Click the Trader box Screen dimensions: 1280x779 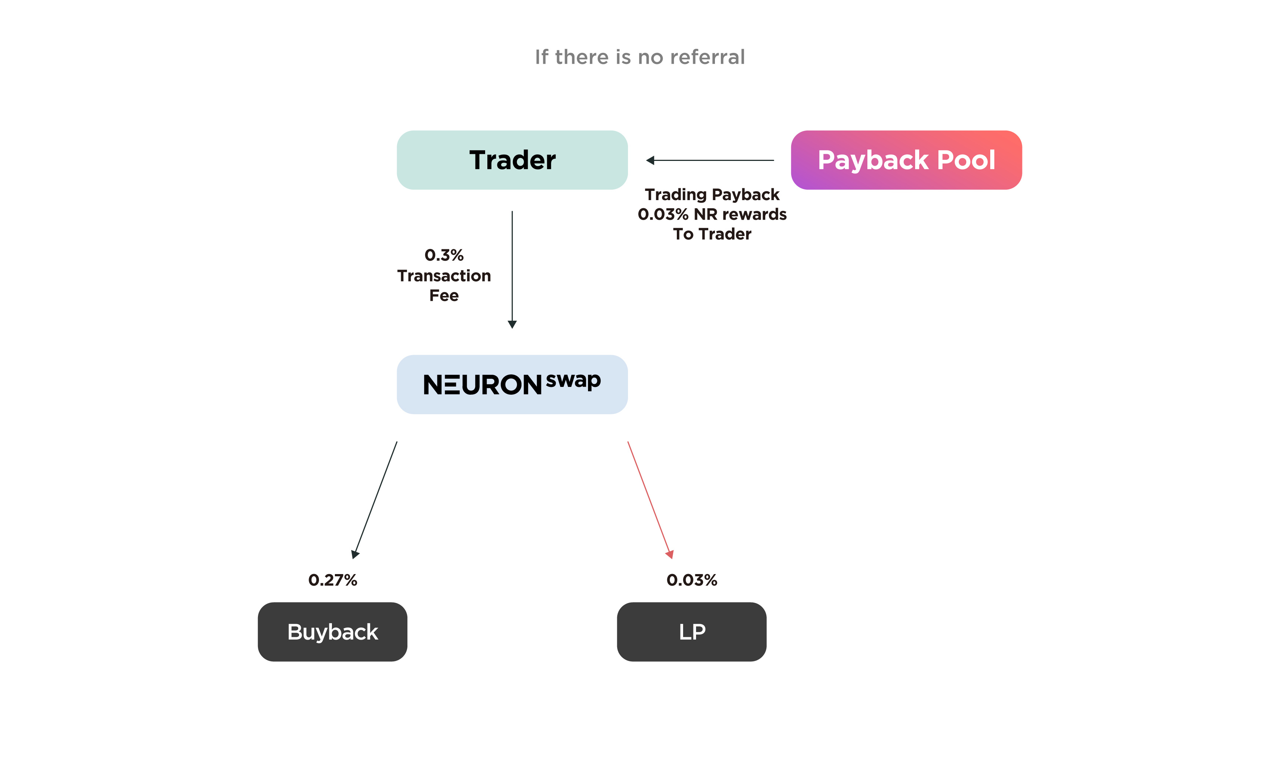(x=512, y=160)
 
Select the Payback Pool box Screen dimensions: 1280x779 (x=907, y=160)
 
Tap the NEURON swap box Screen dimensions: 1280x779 (x=512, y=384)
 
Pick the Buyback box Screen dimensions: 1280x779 (x=332, y=631)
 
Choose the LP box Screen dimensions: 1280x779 (x=692, y=631)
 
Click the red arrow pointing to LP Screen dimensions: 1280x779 (x=651, y=500)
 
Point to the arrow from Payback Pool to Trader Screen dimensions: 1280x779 (x=710, y=161)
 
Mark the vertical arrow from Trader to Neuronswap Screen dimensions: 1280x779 (x=512, y=270)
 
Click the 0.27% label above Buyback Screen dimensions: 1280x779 (x=332, y=580)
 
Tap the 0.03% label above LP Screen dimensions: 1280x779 (x=692, y=580)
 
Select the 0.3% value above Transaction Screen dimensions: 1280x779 (x=444, y=255)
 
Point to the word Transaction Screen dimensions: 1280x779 (x=444, y=276)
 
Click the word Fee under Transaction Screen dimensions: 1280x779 (x=444, y=296)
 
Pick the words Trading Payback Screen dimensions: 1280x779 (x=712, y=195)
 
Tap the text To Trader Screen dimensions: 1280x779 (x=712, y=234)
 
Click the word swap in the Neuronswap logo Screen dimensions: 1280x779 (x=574, y=382)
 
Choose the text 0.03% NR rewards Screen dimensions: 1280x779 (x=712, y=215)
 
